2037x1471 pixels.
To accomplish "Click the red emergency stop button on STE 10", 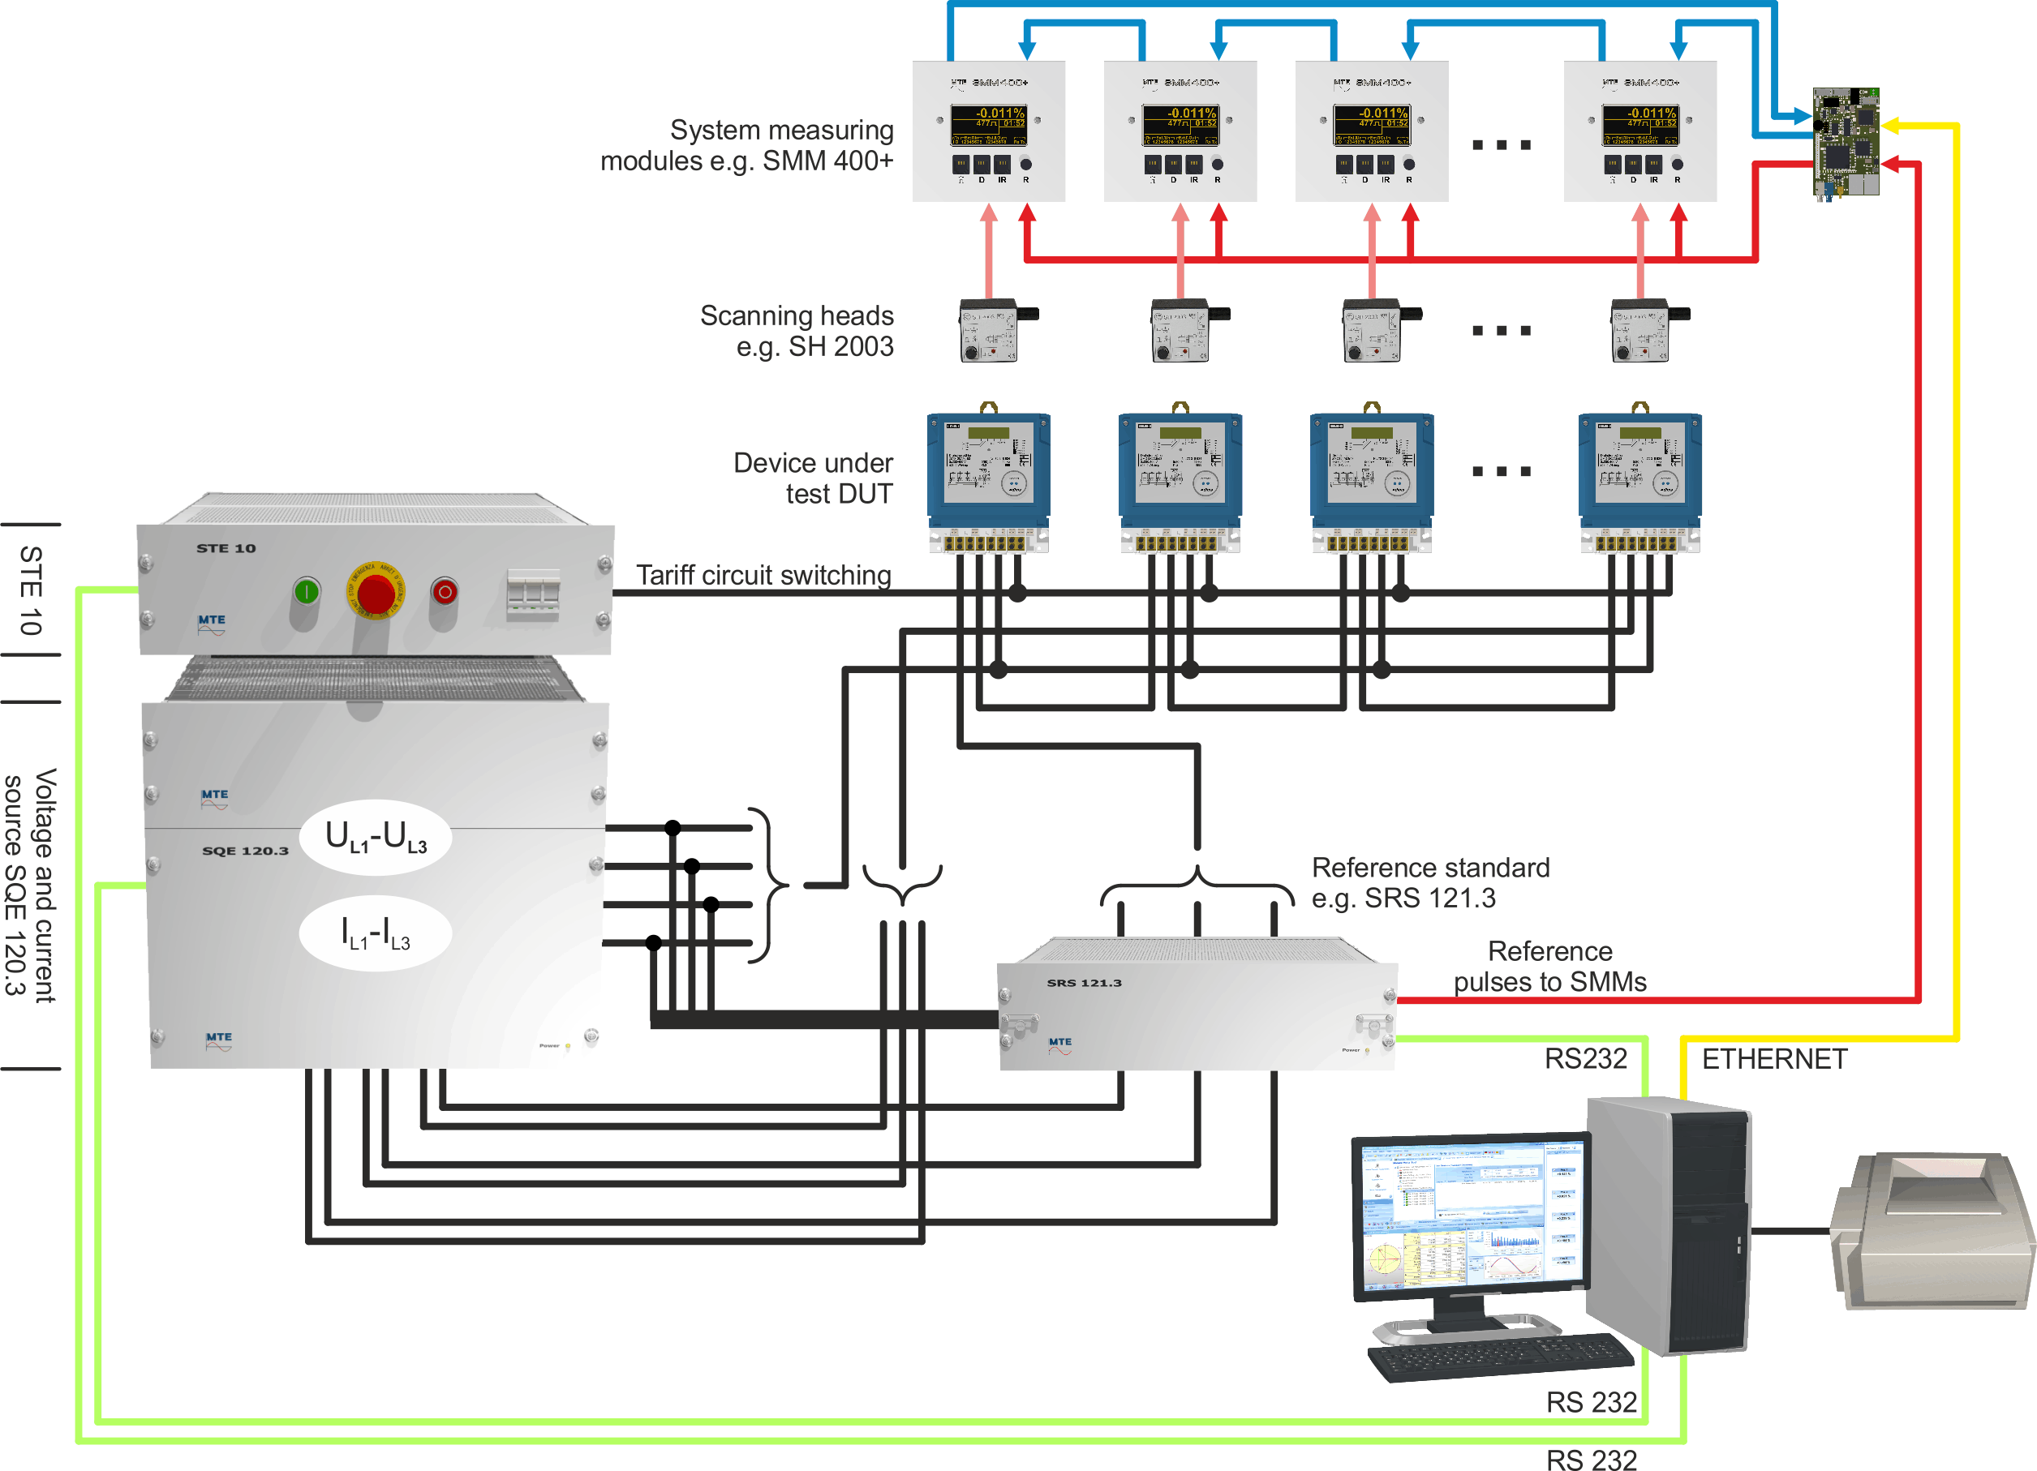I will click(375, 592).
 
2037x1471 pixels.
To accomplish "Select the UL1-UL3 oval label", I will click(376, 837).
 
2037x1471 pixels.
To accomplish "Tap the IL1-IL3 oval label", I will click(376, 933).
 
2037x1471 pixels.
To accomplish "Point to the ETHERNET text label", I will click(1774, 1059).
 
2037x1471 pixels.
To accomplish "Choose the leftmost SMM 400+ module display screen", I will click(988, 125).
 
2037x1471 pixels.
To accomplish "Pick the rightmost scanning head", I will click(1641, 332).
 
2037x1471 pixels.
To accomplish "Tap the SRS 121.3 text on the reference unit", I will click(1084, 983).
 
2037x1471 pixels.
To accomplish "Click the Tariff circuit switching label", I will click(763, 575).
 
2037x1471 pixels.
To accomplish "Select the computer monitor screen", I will click(1470, 1217).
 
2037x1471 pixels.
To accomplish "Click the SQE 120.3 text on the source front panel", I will click(245, 851).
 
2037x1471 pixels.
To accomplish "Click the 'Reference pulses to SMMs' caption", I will click(1550, 967).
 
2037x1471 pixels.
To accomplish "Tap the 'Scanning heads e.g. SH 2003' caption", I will click(797, 331).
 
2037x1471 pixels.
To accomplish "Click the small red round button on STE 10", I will click(445, 591).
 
